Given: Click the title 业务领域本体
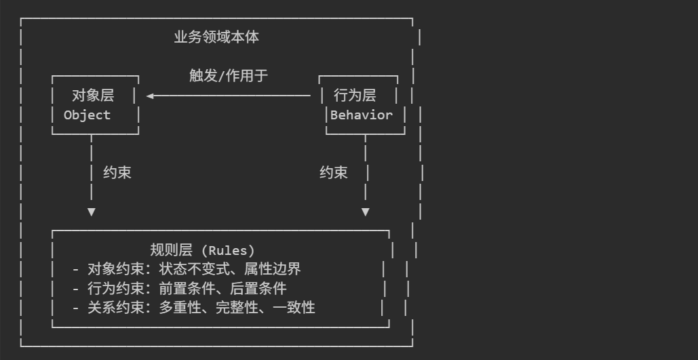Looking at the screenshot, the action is (x=216, y=37).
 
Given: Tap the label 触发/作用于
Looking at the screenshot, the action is (x=229, y=75).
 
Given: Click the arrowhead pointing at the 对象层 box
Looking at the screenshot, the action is (x=150, y=96).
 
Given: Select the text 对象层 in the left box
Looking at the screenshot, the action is (x=93, y=96).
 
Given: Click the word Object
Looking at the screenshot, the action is (x=87, y=115).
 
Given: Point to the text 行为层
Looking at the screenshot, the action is (x=354, y=96).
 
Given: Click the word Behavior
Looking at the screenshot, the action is (x=362, y=115).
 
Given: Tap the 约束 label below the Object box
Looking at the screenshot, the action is (x=117, y=173).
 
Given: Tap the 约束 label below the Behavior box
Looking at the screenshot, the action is (x=333, y=173).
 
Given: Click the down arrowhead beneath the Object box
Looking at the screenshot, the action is (x=92, y=212).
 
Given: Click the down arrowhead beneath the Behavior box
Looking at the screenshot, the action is (x=366, y=212).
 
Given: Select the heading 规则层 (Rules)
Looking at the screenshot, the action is (x=202, y=250).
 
